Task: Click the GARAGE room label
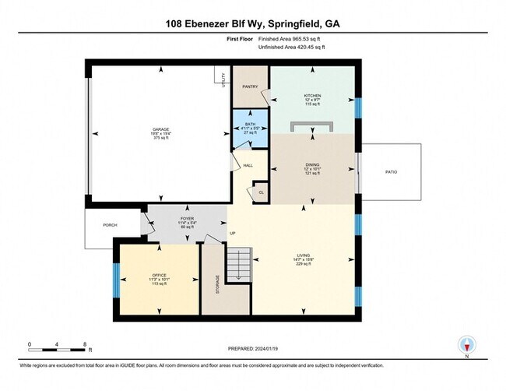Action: coord(161,129)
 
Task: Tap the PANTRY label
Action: coord(250,87)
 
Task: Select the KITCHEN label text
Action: coord(312,96)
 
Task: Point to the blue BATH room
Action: coord(250,126)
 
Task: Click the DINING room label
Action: coord(312,164)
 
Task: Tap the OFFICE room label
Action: coord(160,276)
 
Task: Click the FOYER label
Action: coord(187,219)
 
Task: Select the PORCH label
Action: coord(110,225)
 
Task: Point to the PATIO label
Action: coord(391,171)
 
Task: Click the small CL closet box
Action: coord(261,192)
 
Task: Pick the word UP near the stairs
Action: coord(231,234)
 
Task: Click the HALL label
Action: coord(248,165)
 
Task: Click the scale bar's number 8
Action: coord(84,343)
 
